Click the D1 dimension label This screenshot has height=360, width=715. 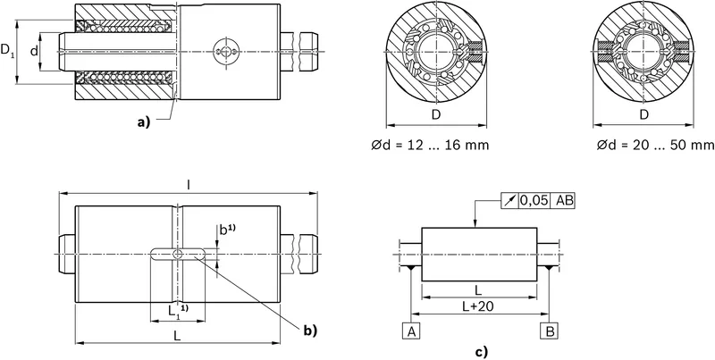pyautogui.click(x=7, y=50)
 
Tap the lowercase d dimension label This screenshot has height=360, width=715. pyautogui.click(x=34, y=51)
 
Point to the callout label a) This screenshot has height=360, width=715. pyautogui.click(x=144, y=121)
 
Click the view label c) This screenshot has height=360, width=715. pyautogui.click(x=482, y=352)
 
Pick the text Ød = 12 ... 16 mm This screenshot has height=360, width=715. pyautogui.click(x=430, y=145)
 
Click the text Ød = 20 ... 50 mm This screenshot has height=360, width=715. pyautogui.click(x=656, y=145)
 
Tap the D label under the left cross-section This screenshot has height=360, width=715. pyautogui.click(x=436, y=115)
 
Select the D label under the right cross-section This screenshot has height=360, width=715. pyautogui.click(x=643, y=115)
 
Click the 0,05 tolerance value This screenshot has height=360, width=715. pyautogui.click(x=534, y=200)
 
